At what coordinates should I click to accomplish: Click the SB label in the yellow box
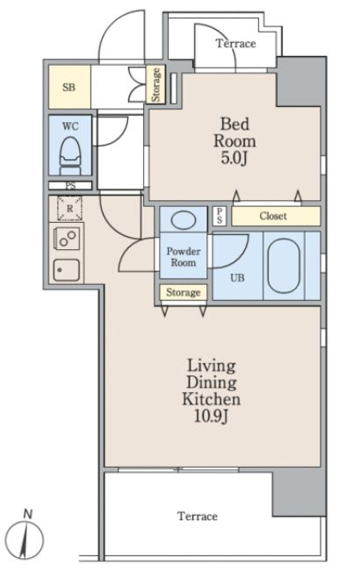pos(69,87)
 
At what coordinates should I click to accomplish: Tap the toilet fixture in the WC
pos(70,156)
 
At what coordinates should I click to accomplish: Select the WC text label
pos(70,126)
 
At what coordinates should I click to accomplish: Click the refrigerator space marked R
pos(69,208)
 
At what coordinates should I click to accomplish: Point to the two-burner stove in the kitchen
pos(67,239)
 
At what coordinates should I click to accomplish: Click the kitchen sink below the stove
pos(67,270)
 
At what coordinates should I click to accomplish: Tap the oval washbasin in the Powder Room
pos(184,219)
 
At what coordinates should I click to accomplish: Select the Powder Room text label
pos(184,257)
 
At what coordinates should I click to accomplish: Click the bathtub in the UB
pos(284,266)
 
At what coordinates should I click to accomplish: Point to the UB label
pos(237,278)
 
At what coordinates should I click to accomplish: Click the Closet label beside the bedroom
pos(273,216)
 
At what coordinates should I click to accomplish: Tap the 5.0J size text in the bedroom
pos(234,159)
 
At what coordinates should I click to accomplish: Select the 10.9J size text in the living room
pos(212,416)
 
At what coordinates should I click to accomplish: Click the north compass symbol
pos(25,540)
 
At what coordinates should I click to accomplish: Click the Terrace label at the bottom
pos(198,516)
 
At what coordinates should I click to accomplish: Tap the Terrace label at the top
pos(236,43)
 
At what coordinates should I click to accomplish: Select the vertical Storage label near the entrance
pos(156,84)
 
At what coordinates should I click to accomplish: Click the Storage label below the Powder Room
pos(184,292)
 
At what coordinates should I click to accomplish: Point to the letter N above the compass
pos(28,514)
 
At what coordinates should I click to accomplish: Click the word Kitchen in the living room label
pos(212,399)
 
